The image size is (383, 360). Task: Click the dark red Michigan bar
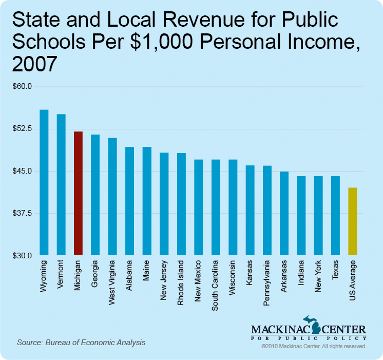click(78, 193)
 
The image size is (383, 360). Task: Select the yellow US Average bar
click(352, 221)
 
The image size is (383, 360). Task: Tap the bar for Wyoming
click(44, 182)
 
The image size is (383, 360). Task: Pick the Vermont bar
click(61, 184)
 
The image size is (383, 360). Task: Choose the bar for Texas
click(335, 216)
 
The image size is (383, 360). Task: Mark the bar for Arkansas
click(284, 213)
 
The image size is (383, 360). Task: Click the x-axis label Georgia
click(95, 276)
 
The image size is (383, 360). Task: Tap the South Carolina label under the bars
click(215, 286)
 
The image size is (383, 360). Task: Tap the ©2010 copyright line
click(313, 347)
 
